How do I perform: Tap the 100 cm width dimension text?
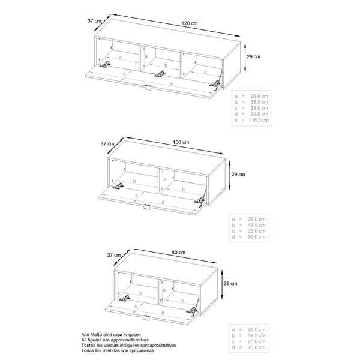pos(181,142)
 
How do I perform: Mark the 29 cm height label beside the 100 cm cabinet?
pos(238,175)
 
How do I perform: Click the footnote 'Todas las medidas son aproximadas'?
pos(117,350)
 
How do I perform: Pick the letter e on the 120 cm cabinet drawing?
pos(172,85)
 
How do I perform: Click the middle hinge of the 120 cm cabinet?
pos(160,74)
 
